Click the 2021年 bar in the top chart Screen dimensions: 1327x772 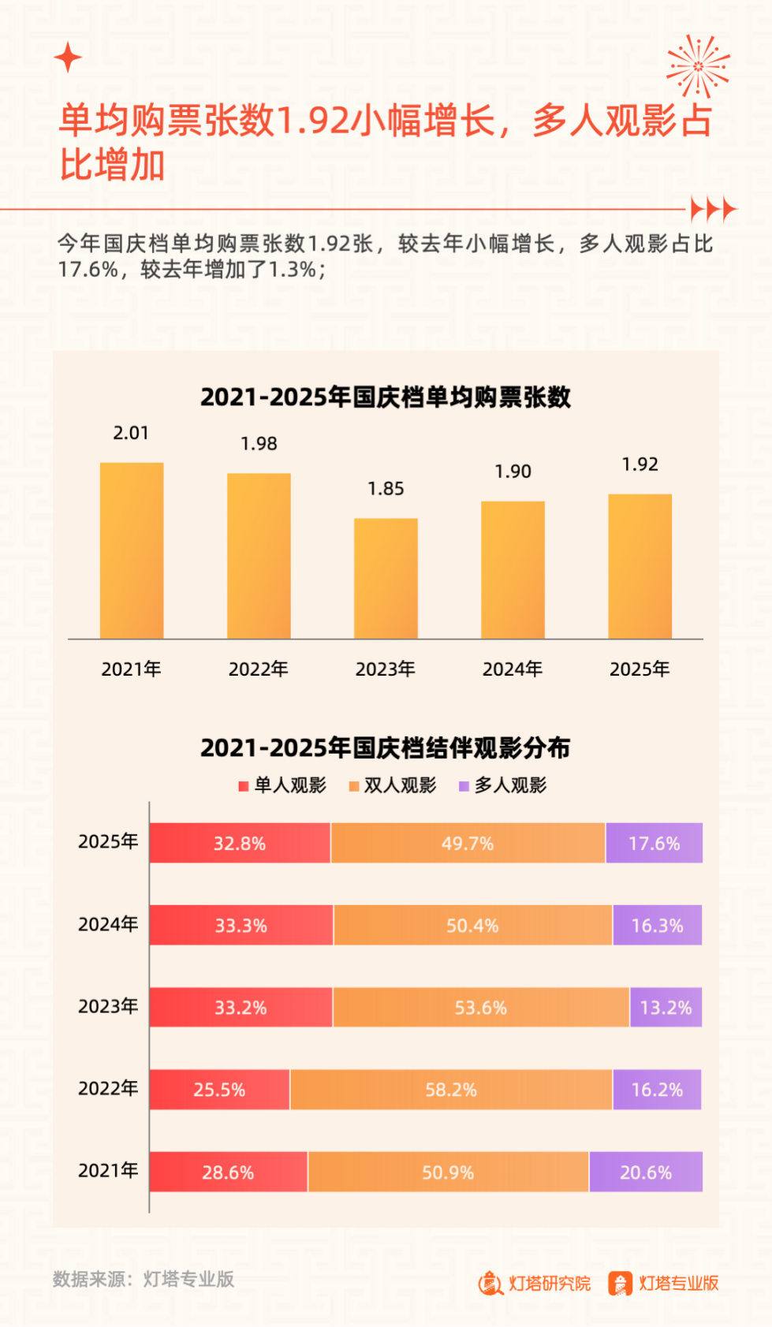click(x=132, y=550)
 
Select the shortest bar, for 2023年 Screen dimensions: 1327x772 click(x=386, y=578)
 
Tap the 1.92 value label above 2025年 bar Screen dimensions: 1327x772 click(x=640, y=464)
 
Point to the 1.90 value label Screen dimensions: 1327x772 click(x=513, y=472)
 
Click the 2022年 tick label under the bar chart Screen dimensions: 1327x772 click(x=258, y=669)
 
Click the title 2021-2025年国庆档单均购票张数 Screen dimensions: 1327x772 click(x=385, y=397)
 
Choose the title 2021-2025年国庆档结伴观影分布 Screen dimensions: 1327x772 click(x=385, y=747)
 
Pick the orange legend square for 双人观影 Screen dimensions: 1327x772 click(x=354, y=786)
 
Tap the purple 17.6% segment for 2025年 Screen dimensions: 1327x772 click(x=654, y=843)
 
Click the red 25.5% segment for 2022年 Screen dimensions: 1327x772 click(x=219, y=1090)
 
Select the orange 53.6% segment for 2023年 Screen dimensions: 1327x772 click(x=481, y=1007)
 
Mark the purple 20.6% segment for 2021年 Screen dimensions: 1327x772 click(x=645, y=1172)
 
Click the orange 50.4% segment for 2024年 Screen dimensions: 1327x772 click(x=472, y=925)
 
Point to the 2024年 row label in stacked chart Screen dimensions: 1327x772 click(x=108, y=924)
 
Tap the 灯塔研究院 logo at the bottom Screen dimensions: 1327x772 click(x=534, y=1284)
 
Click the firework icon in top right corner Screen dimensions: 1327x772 click(x=697, y=66)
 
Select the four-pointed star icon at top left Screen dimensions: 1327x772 click(x=68, y=57)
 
